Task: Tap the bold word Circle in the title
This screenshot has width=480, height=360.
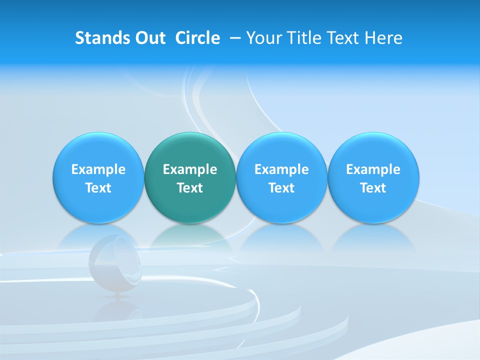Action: click(x=197, y=38)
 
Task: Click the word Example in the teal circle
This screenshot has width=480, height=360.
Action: click(x=190, y=169)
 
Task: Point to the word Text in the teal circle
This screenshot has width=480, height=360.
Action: click(x=190, y=188)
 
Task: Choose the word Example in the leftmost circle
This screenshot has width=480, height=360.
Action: click(x=98, y=169)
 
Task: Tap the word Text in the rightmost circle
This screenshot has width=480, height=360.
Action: click(x=373, y=188)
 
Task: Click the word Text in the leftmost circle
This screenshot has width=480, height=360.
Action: click(x=98, y=188)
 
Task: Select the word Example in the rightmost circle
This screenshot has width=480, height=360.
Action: click(x=373, y=169)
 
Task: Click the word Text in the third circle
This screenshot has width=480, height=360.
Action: click(x=281, y=188)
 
